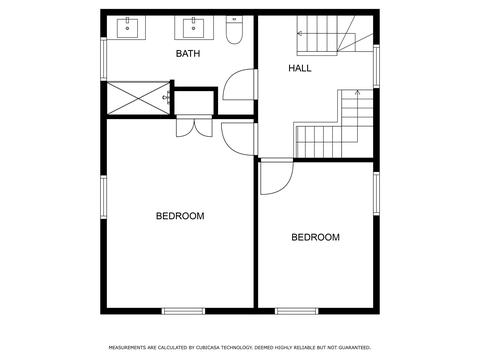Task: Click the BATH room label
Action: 188,53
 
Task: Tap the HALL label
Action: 300,68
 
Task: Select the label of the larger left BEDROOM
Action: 180,216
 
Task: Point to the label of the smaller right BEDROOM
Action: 315,237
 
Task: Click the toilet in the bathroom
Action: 234,30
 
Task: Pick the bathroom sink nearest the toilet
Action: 194,29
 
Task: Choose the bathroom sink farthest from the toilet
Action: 127,28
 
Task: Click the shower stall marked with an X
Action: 138,98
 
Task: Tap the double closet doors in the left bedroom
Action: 194,127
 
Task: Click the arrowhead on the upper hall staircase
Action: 300,33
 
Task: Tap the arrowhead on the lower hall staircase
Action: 357,92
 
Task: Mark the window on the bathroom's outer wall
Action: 103,59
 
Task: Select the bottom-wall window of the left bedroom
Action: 183,311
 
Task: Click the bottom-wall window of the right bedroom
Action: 297,311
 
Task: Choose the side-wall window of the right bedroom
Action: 376,194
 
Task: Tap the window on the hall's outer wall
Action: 376,66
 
